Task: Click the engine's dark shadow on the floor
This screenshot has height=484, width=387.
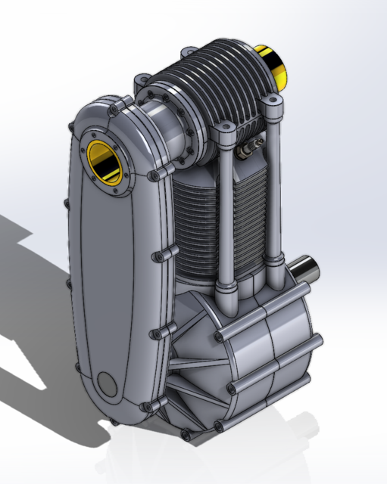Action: (x=30, y=318)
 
